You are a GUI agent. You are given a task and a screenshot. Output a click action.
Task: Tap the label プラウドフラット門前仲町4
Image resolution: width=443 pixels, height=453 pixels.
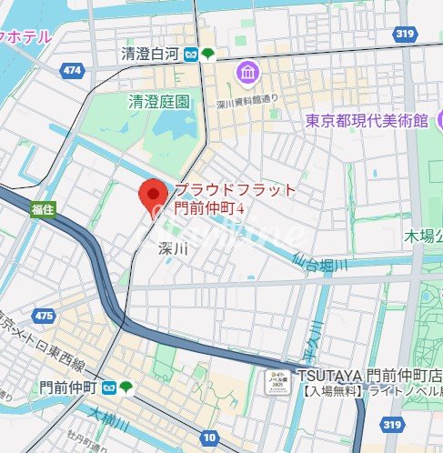[x=235, y=199]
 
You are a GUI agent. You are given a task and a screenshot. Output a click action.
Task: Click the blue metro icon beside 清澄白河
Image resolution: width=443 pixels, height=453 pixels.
[x=192, y=55]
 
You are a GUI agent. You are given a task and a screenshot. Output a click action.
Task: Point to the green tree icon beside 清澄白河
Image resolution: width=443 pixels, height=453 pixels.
[x=208, y=55]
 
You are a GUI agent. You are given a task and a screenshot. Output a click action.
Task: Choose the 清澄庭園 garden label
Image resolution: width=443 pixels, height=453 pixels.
[x=160, y=102]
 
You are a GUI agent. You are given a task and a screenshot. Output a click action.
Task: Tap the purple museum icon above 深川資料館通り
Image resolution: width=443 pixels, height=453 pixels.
[x=247, y=73]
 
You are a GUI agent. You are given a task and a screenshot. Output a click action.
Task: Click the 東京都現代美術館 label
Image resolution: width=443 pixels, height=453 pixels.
[x=366, y=121]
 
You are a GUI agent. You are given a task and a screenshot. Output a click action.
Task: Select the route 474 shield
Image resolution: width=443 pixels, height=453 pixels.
[x=73, y=69]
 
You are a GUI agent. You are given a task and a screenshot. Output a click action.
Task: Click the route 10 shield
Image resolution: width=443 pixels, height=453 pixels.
[x=210, y=437]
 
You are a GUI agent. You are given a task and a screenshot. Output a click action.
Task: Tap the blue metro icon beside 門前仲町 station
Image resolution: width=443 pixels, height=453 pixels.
[x=108, y=388]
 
